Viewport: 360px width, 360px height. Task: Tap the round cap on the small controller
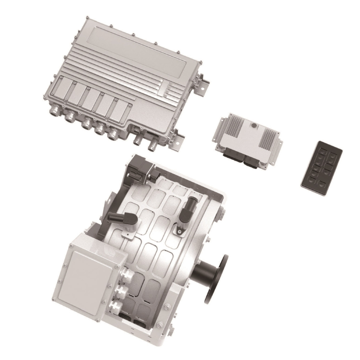point(254,126)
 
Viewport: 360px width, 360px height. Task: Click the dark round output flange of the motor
point(216,279)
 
